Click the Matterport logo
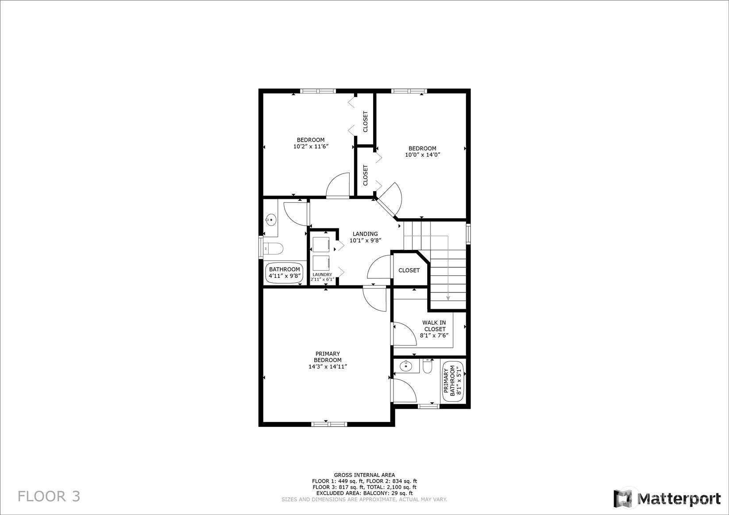(x=667, y=499)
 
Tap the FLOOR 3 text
(x=49, y=496)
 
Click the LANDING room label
(x=365, y=234)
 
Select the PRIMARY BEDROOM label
(x=328, y=357)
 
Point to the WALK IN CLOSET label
(x=434, y=326)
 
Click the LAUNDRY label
(x=322, y=275)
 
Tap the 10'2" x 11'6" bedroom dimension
(x=311, y=146)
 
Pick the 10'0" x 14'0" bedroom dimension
(x=422, y=155)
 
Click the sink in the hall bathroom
(x=271, y=220)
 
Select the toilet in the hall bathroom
(x=273, y=249)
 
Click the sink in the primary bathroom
(x=405, y=366)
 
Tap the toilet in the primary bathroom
(x=427, y=366)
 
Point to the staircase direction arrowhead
(x=448, y=298)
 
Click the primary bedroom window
(x=329, y=424)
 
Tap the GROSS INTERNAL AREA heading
(x=365, y=475)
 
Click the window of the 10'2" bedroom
(x=318, y=91)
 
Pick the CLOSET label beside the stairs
(x=409, y=270)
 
